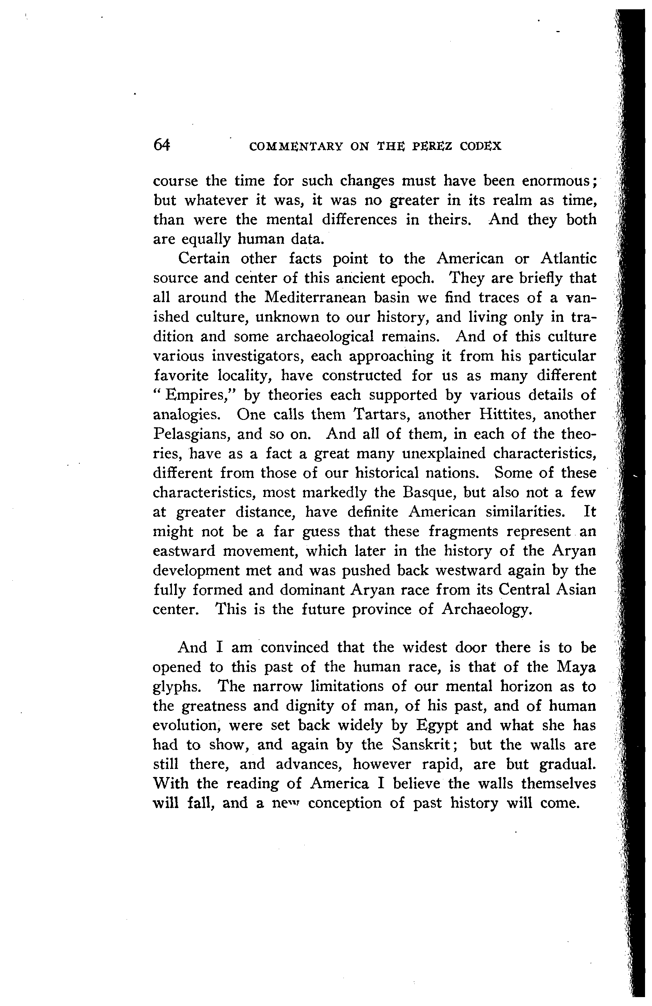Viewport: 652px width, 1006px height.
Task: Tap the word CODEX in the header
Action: click(x=480, y=146)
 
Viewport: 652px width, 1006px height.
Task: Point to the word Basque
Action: click(x=429, y=492)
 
